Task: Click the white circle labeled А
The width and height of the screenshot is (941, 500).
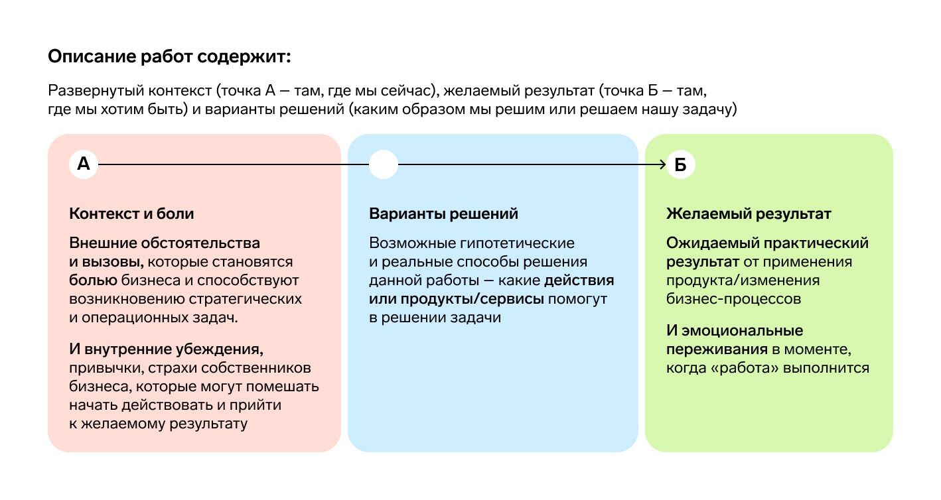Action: tap(84, 164)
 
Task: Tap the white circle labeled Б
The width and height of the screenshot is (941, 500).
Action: tap(681, 164)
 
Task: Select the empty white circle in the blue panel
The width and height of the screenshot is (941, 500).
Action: tap(383, 164)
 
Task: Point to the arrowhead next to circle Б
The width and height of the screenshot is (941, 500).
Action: tap(663, 164)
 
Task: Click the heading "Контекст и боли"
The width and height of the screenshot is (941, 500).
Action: tap(131, 214)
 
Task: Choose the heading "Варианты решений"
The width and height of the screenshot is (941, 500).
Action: tap(443, 214)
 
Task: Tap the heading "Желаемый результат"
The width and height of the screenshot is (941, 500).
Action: tap(749, 214)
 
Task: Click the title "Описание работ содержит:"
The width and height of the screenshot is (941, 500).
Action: tap(169, 56)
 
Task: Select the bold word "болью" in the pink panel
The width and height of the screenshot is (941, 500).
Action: tap(94, 280)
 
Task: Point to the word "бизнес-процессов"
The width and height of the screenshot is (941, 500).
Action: tap(733, 299)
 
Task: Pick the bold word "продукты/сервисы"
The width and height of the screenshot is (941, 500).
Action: tap(472, 299)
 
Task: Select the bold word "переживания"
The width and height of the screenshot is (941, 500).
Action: tap(717, 349)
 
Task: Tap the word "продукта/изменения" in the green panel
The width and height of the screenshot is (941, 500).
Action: tap(743, 281)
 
